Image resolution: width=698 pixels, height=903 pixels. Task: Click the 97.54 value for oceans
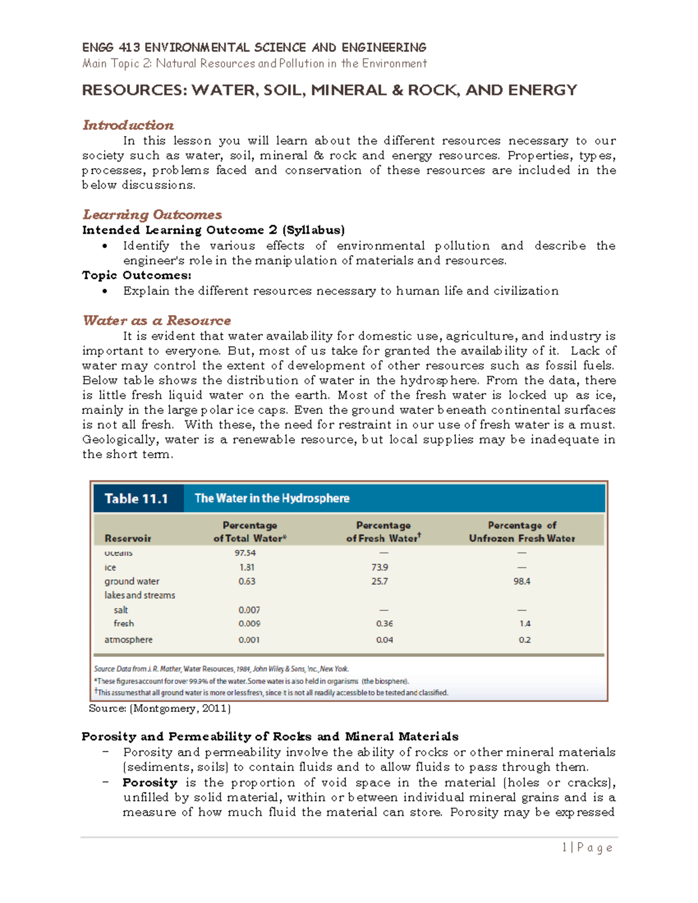245,553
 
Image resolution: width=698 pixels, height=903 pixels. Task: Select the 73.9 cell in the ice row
379,567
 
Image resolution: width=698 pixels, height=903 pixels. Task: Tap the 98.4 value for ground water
522,581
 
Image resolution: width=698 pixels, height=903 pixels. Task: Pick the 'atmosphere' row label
129,640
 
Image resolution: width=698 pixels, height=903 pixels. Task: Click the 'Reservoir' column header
128,538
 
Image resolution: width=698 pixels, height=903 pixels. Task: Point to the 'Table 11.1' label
137,498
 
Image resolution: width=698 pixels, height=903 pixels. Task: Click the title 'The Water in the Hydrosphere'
272,498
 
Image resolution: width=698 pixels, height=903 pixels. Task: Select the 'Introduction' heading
128,125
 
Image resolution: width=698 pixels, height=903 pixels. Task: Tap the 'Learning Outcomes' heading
152,215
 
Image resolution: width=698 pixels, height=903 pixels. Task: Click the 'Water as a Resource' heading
156,320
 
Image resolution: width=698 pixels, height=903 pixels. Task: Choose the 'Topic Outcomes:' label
137,275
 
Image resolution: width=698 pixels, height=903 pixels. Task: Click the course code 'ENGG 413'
111,48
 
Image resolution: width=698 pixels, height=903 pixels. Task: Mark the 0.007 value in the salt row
249,610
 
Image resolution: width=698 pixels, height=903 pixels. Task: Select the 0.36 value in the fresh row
384,623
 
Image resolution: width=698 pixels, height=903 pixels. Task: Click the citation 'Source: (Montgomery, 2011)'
160,708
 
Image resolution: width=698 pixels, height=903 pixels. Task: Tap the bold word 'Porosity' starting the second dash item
149,783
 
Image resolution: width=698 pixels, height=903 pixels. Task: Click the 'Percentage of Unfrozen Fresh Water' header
522,531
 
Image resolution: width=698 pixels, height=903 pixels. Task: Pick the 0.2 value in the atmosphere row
525,640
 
